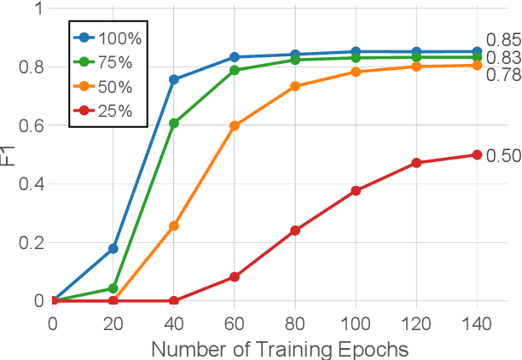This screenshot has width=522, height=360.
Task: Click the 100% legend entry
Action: pos(107,39)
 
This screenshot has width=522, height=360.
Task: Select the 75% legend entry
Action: pos(107,63)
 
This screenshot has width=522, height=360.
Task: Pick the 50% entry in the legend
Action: pos(107,88)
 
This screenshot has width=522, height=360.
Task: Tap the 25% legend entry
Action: pos(107,112)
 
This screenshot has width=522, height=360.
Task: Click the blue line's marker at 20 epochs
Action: pos(113,248)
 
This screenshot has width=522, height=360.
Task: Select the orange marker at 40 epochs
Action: pos(174,226)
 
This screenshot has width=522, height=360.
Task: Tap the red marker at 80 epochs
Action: pos(295,230)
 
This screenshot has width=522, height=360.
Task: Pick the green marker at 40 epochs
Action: pos(174,124)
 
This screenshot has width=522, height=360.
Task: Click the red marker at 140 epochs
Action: pos(477,155)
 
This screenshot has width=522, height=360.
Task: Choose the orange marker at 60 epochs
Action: pos(235,125)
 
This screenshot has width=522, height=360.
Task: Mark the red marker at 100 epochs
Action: pos(356,191)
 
